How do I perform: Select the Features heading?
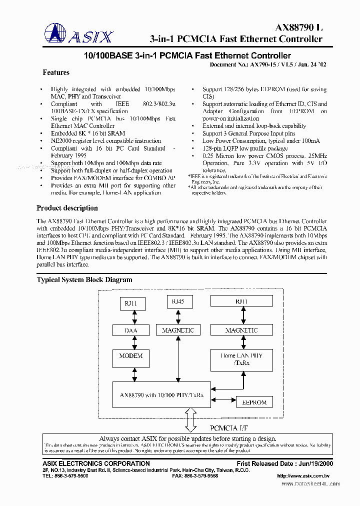[x=56, y=72]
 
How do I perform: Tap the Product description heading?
[x=67, y=208]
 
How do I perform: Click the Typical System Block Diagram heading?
[x=84, y=279]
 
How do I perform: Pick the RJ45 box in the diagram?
[x=177, y=301]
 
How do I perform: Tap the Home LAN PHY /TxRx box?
[x=241, y=359]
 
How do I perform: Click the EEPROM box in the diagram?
[x=254, y=402]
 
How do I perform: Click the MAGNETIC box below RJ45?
[x=177, y=330]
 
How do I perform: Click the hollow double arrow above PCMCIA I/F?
[x=191, y=419]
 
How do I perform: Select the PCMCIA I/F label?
[x=228, y=428]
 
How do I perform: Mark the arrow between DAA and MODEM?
[x=133, y=343]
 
